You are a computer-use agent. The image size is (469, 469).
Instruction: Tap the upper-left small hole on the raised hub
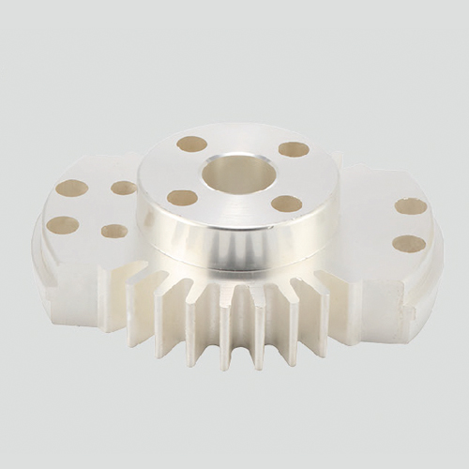192,144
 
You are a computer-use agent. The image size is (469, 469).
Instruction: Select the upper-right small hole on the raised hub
294,149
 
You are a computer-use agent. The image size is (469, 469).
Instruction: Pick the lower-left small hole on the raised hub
182,198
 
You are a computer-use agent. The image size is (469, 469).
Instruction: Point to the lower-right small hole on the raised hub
286,204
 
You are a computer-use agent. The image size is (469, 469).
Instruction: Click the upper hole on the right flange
410,206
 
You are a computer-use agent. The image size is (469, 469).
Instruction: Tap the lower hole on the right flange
408,244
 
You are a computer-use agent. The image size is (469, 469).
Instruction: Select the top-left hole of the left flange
71,188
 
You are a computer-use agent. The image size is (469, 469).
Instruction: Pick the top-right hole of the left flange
124,188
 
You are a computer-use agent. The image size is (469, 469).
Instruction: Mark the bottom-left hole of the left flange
63,224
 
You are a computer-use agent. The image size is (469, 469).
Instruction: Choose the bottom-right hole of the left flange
114,231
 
